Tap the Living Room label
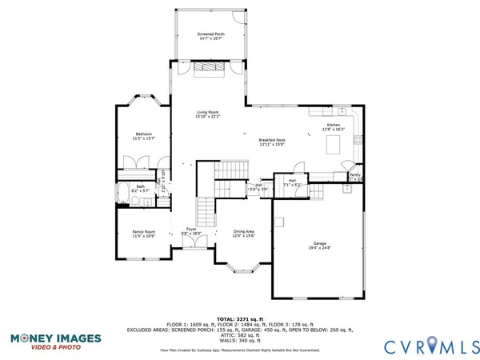coord(207,114)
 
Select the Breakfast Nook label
coord(273,142)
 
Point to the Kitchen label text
coord(333,126)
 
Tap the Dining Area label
coord(243,233)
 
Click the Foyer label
coord(191,230)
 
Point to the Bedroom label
coord(144,136)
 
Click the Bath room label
coord(140,189)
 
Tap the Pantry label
coord(354,174)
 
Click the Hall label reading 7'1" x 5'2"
coord(290,183)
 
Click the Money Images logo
coord(56,342)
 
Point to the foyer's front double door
coord(192,248)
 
